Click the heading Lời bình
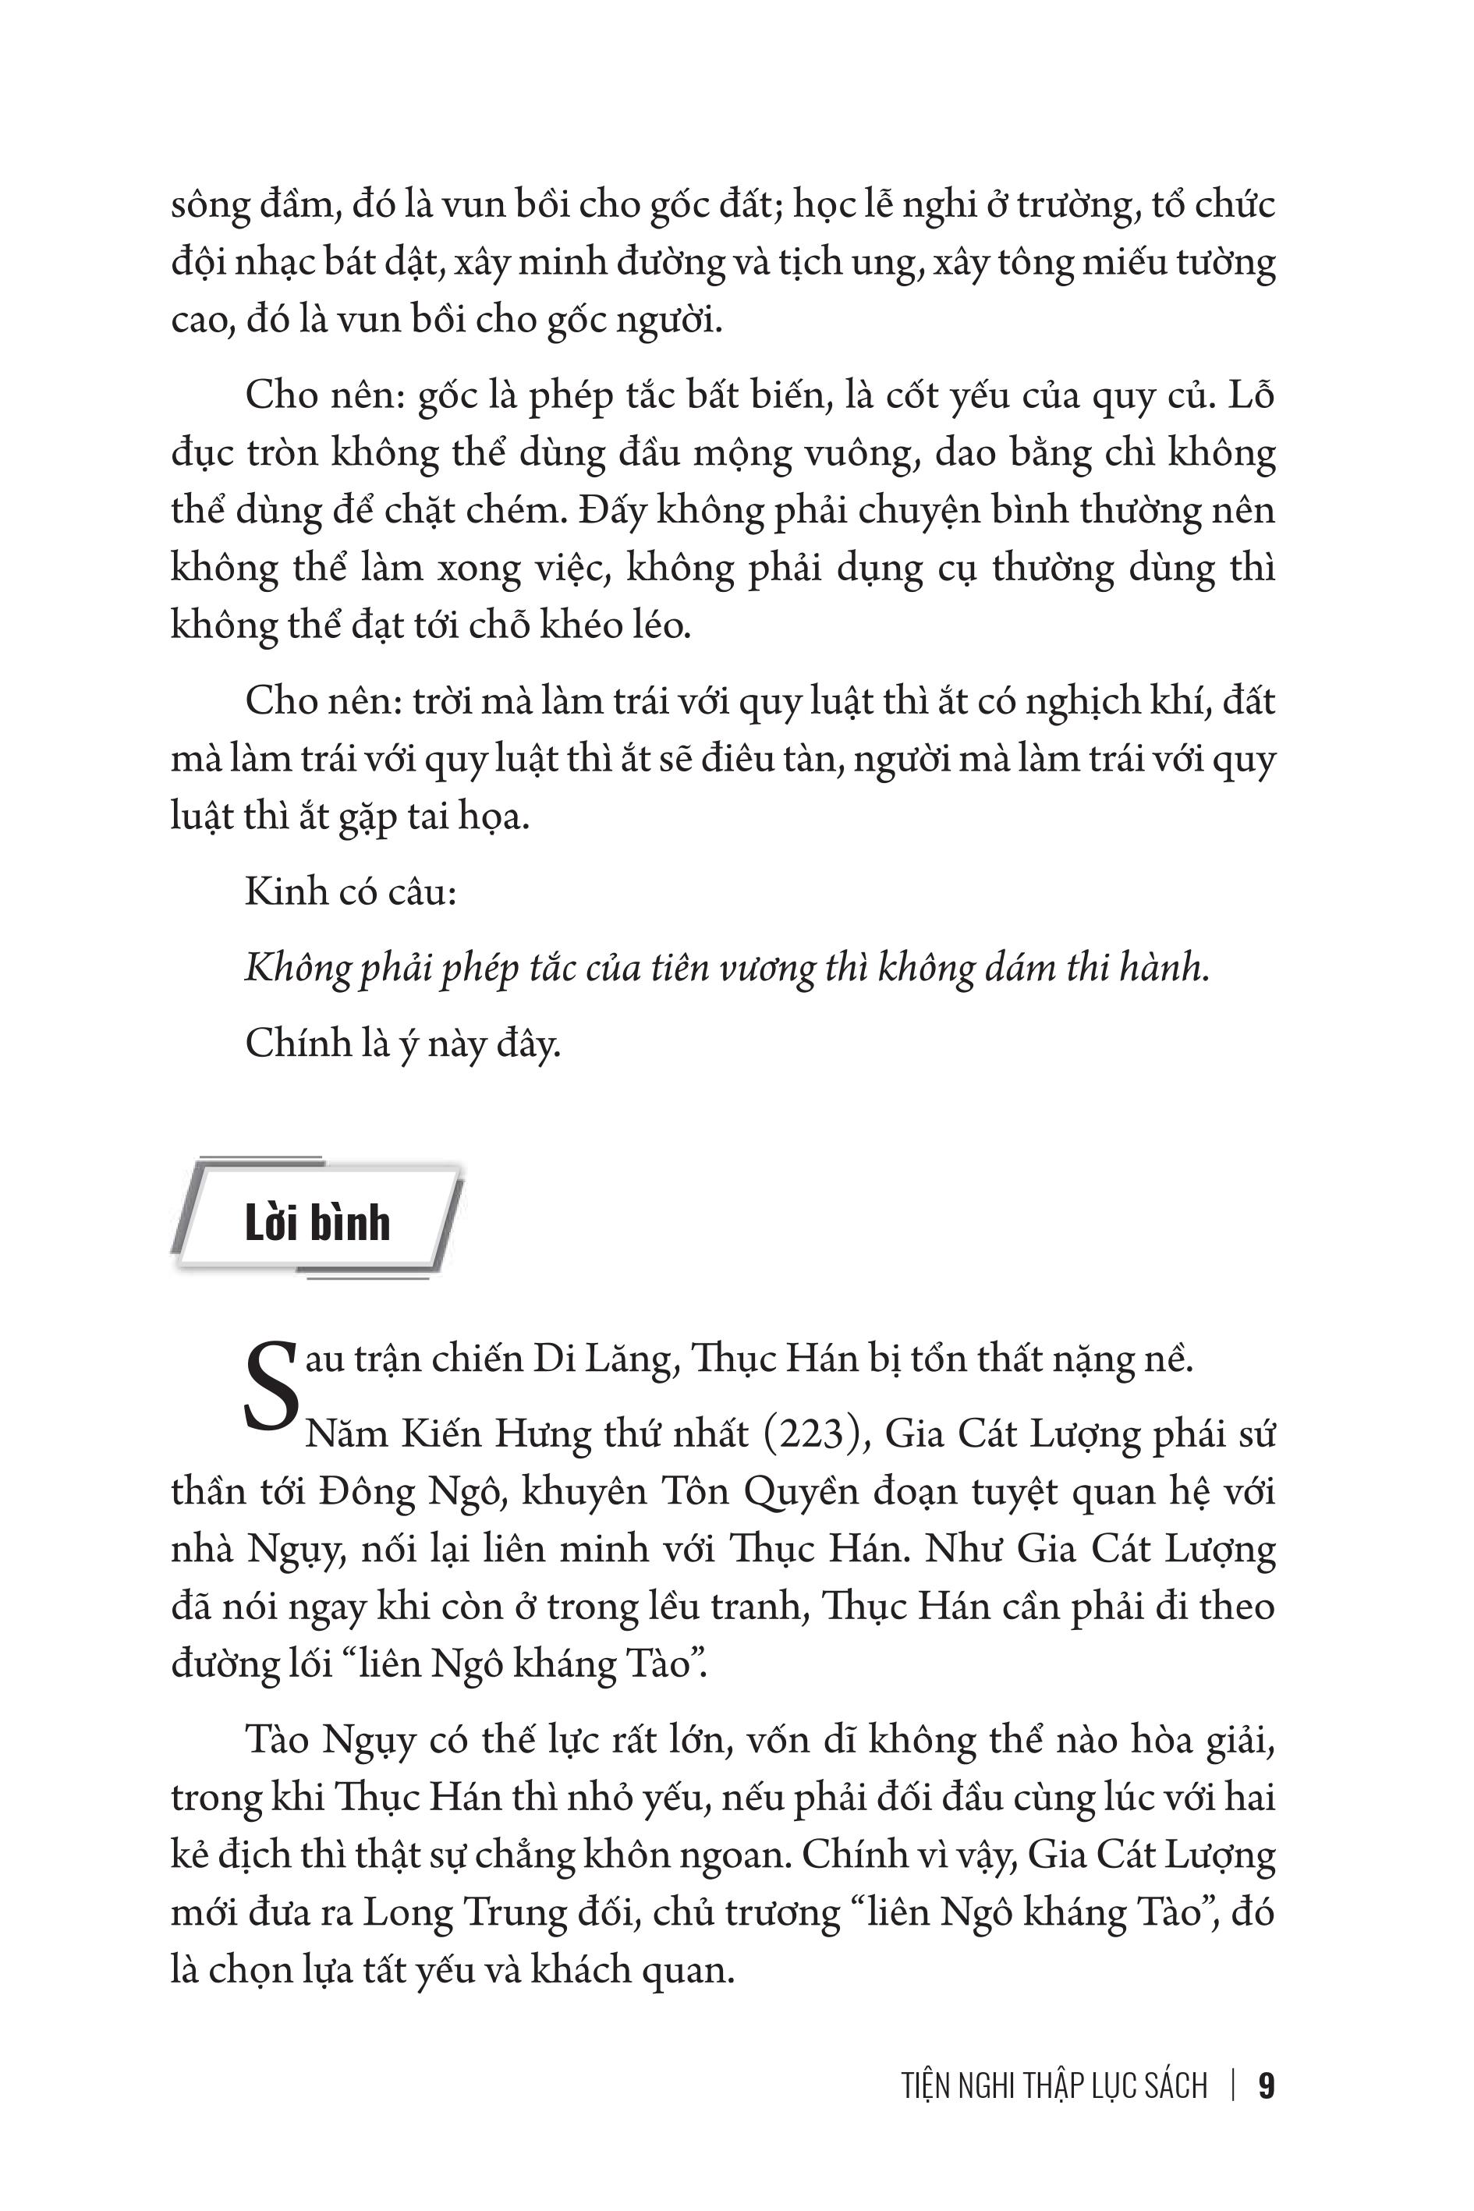coord(317,1223)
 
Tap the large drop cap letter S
coord(271,1387)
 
